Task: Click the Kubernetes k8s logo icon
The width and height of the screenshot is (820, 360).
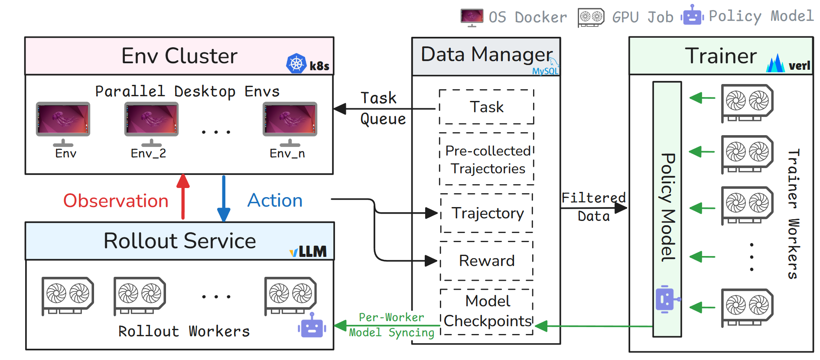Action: click(x=296, y=64)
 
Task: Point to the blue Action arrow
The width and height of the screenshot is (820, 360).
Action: click(x=224, y=198)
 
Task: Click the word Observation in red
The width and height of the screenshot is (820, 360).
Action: click(x=116, y=201)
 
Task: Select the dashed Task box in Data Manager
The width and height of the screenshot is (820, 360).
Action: click(x=486, y=107)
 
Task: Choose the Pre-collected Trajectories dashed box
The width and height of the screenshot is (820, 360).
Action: click(x=487, y=159)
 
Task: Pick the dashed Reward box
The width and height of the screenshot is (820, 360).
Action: click(x=486, y=261)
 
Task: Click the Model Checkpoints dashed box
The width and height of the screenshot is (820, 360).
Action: click(x=487, y=311)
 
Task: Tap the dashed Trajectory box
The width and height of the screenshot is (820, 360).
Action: click(x=487, y=213)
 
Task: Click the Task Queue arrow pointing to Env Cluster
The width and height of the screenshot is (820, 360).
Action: click(x=384, y=109)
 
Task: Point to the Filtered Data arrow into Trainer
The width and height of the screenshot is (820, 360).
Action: click(x=594, y=208)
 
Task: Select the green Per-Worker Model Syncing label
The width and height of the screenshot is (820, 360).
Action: click(x=391, y=325)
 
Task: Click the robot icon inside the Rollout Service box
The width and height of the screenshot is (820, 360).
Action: click(x=312, y=326)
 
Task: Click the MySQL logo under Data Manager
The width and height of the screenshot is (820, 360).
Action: click(x=546, y=71)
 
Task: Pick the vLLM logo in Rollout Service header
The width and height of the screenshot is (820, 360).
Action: click(x=308, y=251)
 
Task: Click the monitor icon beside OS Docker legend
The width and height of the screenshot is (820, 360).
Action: click(x=472, y=17)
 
